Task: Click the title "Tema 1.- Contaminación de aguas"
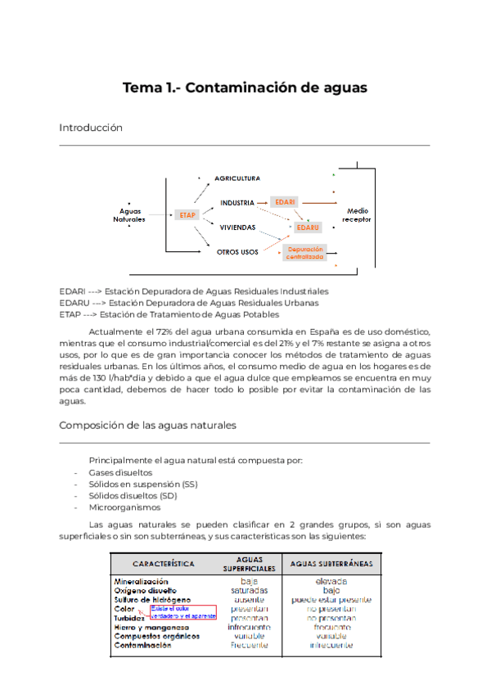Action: coord(245,88)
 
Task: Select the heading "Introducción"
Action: coord(90,128)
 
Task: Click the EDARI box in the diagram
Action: coord(286,201)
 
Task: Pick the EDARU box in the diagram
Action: coord(309,227)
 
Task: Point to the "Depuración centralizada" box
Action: coord(304,252)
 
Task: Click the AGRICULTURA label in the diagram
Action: coord(237,178)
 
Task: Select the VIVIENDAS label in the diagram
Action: coord(238,227)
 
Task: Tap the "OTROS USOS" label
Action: coord(239,252)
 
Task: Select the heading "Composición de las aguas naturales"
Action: coord(148,426)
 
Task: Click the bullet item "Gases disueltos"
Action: coord(120,472)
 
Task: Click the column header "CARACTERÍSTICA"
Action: coord(163,564)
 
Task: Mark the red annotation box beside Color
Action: coord(182,612)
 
